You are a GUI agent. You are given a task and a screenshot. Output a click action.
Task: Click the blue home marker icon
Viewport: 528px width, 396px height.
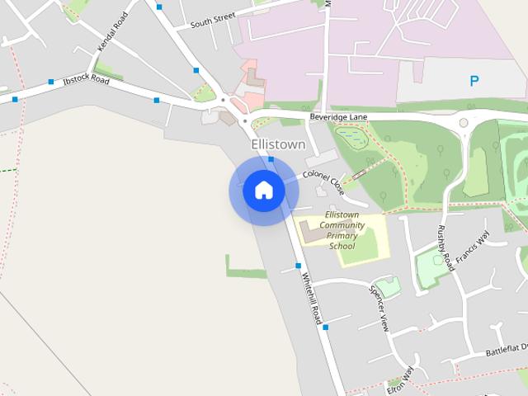click(x=263, y=190)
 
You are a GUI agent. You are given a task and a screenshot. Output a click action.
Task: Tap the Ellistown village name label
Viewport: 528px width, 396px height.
click(x=278, y=144)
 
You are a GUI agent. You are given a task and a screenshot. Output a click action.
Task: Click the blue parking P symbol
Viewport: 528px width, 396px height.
click(x=474, y=81)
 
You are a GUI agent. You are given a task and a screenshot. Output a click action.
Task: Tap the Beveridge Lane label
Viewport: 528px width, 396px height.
click(x=338, y=117)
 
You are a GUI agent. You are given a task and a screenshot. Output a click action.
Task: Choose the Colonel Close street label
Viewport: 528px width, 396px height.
click(x=323, y=181)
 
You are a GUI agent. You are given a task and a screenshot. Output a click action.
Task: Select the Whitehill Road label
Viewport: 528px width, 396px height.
click(x=309, y=298)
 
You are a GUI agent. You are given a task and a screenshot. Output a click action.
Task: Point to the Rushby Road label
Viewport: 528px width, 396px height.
click(x=445, y=247)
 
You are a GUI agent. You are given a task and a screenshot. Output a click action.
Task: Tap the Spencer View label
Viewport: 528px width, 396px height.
click(x=379, y=309)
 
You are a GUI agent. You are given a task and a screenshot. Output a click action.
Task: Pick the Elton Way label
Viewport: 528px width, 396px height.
click(x=399, y=379)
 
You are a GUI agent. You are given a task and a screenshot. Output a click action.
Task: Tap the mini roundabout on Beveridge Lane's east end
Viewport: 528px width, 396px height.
click(x=464, y=122)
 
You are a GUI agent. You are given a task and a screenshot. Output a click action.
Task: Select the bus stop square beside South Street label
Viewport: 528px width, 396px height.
click(x=158, y=7)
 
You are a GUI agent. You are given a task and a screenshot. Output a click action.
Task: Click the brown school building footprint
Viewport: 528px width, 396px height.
click(x=312, y=233)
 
